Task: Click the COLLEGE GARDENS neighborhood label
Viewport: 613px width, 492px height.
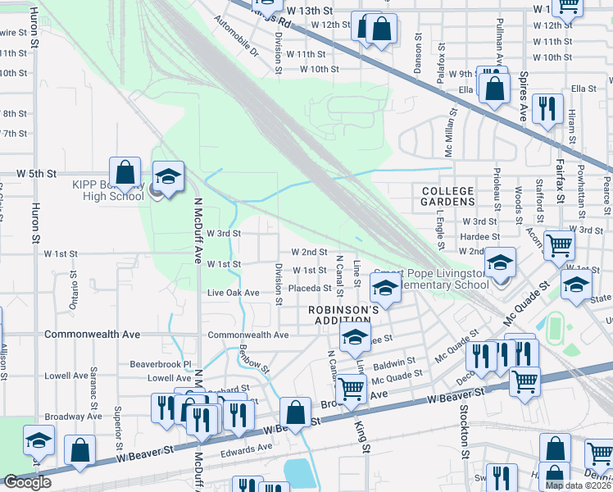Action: (447, 195)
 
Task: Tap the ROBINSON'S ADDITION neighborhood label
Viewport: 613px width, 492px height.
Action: (343, 315)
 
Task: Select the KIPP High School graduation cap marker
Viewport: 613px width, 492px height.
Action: (168, 177)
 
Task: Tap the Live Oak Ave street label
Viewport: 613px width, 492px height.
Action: (233, 293)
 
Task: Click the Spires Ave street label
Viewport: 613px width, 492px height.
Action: (523, 97)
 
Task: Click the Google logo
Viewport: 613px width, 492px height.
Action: (27, 482)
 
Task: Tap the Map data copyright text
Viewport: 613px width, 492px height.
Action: (579, 485)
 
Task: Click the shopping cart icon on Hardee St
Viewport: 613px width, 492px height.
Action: (558, 244)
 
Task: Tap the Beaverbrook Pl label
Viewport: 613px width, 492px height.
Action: (161, 363)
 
